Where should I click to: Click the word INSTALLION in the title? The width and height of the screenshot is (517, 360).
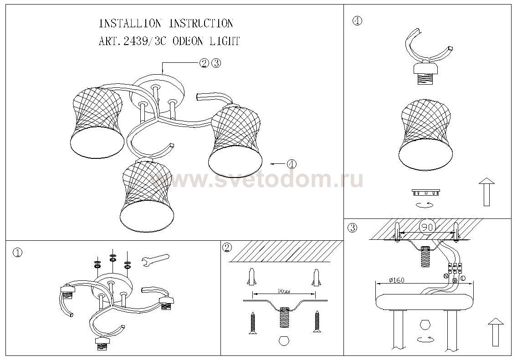(130, 24)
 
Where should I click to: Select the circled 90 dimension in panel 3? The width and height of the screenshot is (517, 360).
(426, 226)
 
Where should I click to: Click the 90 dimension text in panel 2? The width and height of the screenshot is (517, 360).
(284, 290)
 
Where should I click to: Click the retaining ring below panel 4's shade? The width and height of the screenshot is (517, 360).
(426, 191)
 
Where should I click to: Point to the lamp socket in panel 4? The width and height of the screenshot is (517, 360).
(425, 72)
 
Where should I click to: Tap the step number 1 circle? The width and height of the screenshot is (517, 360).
(17, 253)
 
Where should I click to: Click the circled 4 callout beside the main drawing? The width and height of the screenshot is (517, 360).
(292, 163)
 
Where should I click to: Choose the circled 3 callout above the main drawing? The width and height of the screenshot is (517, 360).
(216, 63)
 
